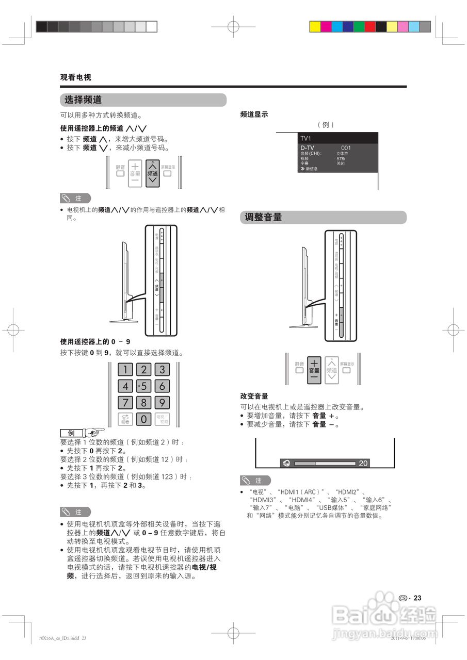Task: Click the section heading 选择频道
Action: click(83, 100)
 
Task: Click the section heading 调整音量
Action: click(263, 218)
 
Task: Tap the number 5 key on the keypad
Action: click(143, 386)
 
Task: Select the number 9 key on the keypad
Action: click(162, 402)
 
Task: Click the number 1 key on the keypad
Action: click(125, 369)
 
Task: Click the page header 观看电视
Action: click(75, 77)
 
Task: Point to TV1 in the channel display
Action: click(306, 139)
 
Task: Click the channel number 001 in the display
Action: click(346, 147)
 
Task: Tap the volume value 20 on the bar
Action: click(363, 463)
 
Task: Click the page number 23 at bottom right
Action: click(417, 598)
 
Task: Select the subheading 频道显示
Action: click(254, 114)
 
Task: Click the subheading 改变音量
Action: click(254, 396)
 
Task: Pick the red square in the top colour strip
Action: click(370, 26)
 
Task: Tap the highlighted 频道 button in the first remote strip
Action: click(152, 173)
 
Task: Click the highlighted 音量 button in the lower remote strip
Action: click(314, 370)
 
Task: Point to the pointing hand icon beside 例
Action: click(94, 432)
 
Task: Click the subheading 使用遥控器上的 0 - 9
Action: click(95, 341)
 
